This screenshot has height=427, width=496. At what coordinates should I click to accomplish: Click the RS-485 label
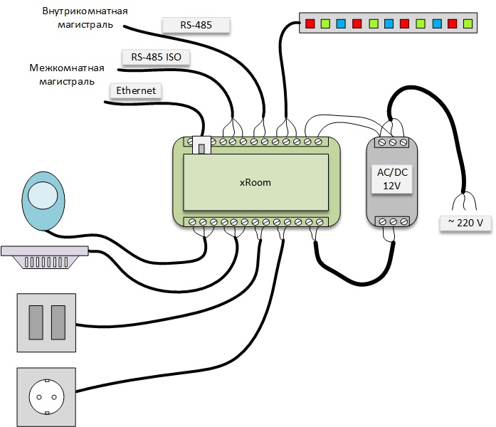(x=196, y=26)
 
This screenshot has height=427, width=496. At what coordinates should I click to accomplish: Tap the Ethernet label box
(x=135, y=91)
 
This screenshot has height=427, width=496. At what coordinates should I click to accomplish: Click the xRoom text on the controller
(x=255, y=182)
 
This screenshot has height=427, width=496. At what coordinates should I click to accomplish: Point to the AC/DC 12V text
(x=393, y=179)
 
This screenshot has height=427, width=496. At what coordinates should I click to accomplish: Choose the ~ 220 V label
(x=465, y=223)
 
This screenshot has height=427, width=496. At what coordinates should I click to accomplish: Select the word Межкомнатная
(x=67, y=68)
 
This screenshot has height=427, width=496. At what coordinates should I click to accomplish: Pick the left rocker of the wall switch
(x=35, y=322)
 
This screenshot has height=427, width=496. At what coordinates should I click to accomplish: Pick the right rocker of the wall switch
(x=57, y=322)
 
